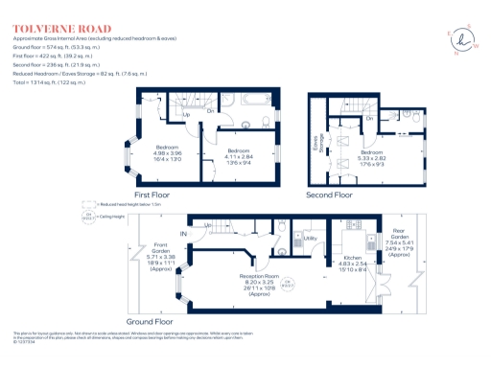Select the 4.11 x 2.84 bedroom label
tap(239, 156)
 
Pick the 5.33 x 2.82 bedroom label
tap(374, 157)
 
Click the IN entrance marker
tap(182, 233)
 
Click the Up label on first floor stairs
tap(186, 115)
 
